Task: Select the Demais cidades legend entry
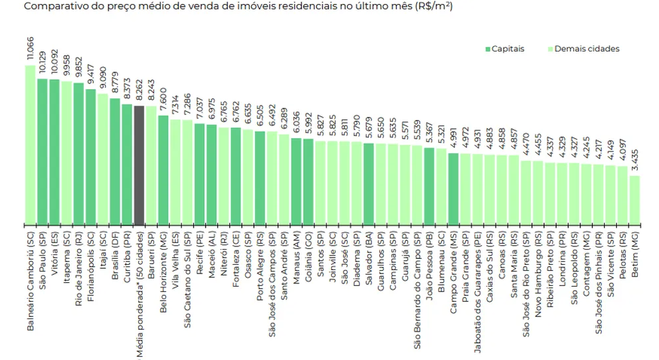click(583, 49)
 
